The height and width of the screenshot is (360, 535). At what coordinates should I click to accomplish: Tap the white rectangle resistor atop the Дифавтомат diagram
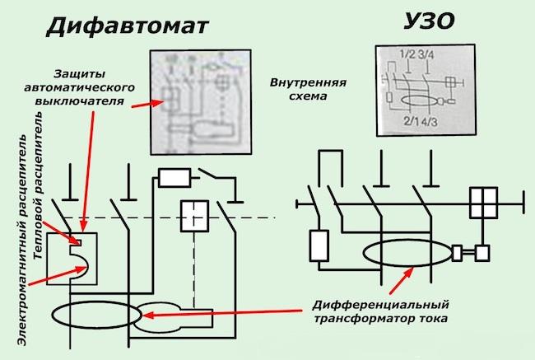coord(174,177)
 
